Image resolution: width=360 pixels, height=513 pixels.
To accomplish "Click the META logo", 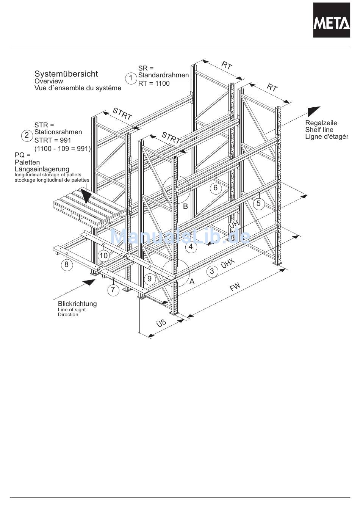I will tap(331, 20).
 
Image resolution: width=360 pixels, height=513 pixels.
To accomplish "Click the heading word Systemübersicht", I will tap(66, 74).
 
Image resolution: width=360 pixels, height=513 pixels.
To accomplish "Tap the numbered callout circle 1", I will tap(131, 78).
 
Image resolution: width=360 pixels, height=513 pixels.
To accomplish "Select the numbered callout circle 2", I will tap(27, 135).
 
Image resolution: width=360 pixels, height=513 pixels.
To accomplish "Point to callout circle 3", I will tap(212, 271).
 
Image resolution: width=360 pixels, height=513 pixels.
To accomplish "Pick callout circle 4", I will tap(191, 247).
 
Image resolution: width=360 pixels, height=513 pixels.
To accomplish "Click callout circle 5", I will tap(258, 203).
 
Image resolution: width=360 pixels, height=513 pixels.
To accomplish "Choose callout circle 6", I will tap(216, 188).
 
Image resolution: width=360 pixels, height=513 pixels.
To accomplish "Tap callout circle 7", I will tap(113, 290).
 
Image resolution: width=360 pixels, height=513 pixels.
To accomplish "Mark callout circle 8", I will tap(66, 264).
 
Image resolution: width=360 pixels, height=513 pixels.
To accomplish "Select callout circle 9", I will tap(149, 279).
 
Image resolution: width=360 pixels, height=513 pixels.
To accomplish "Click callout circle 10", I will tap(103, 256).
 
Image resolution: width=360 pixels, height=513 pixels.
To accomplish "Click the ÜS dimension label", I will tap(161, 323).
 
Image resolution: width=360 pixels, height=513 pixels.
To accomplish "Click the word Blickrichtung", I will tap(77, 304).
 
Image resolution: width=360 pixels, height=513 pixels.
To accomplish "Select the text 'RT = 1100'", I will tap(154, 83).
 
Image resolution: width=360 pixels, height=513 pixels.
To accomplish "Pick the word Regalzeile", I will tap(321, 123).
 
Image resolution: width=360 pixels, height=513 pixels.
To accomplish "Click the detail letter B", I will tap(185, 206).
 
